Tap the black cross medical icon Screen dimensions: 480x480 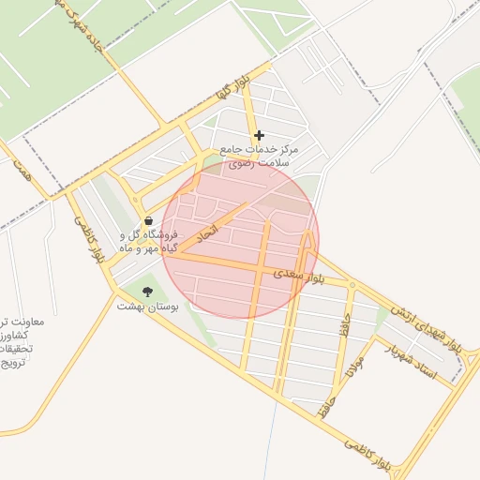click(x=260, y=135)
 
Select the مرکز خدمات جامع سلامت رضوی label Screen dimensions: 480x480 click(x=258, y=156)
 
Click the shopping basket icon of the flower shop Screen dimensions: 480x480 click(x=149, y=220)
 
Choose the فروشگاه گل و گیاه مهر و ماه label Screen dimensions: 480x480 click(x=150, y=242)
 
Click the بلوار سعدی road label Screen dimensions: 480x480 click(x=299, y=277)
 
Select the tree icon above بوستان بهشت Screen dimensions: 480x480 click(x=146, y=291)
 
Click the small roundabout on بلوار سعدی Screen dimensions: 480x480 click(x=352, y=284)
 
